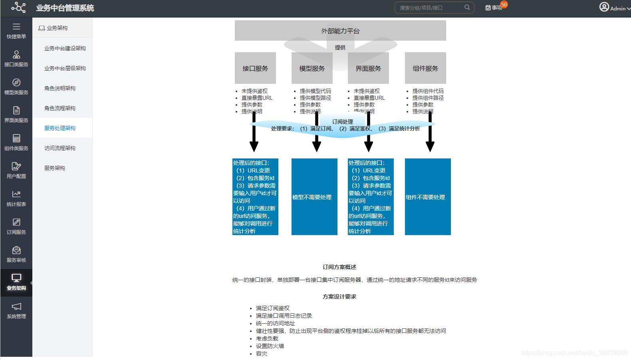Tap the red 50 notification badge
pos(504,4)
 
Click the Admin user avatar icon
pos(604,7)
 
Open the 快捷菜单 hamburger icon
pos(16,27)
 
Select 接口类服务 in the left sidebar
pos(16,58)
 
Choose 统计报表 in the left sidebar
pos(16,198)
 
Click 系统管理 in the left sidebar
pos(16,310)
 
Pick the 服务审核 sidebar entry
pos(16,254)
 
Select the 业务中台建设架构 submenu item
pos(65,48)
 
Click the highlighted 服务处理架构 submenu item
pos(60,128)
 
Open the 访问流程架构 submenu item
pos(60,148)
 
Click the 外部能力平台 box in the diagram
pos(340,31)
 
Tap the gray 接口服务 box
pos(255,68)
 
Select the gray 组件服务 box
pos(425,68)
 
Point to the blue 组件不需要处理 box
pos(428,197)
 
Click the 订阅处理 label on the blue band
pos(342,122)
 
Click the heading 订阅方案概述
pos(339,267)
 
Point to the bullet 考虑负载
pos(267,338)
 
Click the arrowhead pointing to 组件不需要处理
pos(430,146)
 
